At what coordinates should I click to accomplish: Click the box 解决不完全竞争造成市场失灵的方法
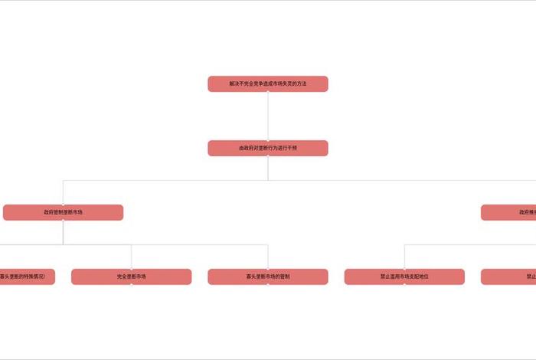[268, 83]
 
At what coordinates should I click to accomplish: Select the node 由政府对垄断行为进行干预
[268, 148]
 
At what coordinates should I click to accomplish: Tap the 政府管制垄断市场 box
[63, 212]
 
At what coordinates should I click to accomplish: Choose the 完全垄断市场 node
[131, 277]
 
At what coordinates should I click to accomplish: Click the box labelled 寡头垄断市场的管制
[268, 277]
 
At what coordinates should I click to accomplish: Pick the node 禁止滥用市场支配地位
[404, 277]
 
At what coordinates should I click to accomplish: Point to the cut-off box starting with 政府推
[509, 212]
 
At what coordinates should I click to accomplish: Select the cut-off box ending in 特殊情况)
[27, 277]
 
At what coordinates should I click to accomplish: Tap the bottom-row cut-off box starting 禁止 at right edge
[510, 277]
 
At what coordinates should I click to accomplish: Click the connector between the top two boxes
[268, 116]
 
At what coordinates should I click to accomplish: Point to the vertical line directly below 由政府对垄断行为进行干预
[268, 169]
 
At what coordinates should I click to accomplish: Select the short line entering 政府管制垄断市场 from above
[63, 192]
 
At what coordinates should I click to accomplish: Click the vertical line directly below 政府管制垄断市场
[63, 232]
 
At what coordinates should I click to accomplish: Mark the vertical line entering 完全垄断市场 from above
[131, 257]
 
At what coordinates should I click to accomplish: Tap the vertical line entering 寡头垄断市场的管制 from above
[268, 257]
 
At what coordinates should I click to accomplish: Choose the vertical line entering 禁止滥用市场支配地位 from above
[404, 257]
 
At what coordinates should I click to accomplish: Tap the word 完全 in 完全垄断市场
[122, 277]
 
